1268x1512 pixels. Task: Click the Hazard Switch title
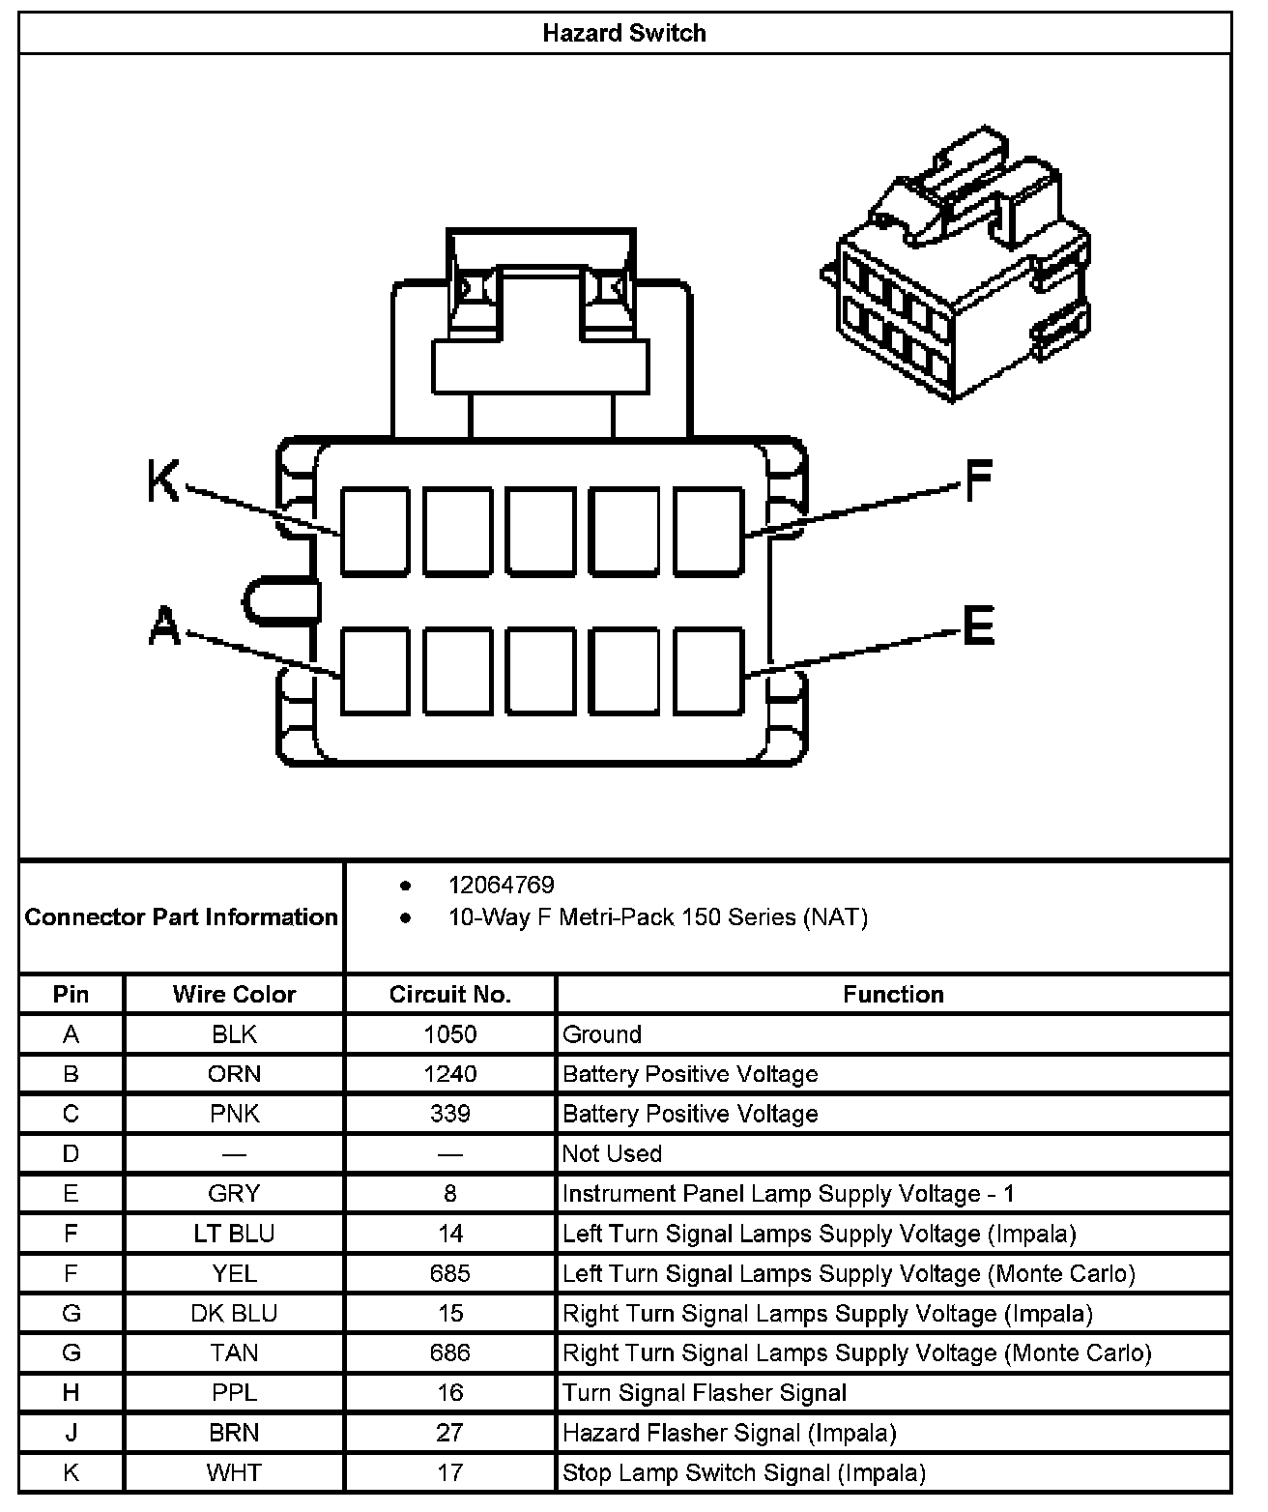624,33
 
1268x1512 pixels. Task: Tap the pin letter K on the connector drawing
163,480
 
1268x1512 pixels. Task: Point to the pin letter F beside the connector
978,480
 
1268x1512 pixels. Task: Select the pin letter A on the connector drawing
164,625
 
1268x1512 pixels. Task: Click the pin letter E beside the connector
978,625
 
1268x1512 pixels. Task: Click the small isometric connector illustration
957,266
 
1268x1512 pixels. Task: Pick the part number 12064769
501,885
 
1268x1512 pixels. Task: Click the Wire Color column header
234,994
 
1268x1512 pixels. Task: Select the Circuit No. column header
449,994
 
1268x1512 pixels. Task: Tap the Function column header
893,994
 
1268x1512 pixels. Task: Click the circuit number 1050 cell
449,1034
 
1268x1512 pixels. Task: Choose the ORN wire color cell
234,1074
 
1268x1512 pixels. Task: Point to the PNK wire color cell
234,1114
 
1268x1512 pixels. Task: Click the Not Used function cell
613,1153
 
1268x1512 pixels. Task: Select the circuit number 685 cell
449,1273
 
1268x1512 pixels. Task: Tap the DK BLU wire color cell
234,1313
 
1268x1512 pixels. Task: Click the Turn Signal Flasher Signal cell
705,1392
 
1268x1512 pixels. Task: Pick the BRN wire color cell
234,1432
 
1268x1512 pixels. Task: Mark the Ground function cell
602,1034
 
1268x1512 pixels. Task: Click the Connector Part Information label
182,916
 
